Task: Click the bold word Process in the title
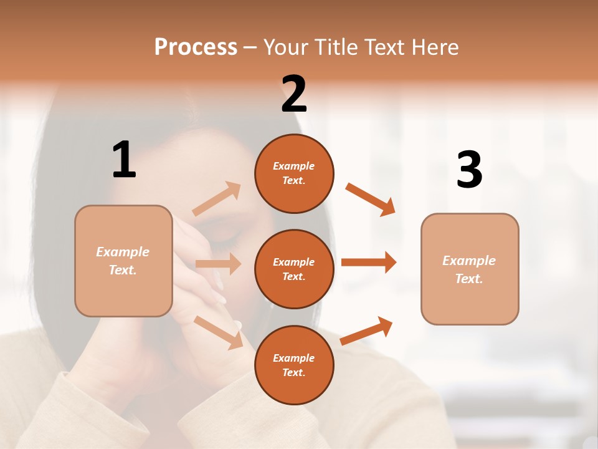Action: pyautogui.click(x=196, y=47)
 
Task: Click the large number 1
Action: pyautogui.click(x=124, y=160)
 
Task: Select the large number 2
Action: pyautogui.click(x=294, y=94)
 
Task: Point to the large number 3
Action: pyautogui.click(x=469, y=170)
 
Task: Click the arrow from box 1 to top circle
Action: pyautogui.click(x=217, y=199)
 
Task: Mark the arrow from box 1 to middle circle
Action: pyautogui.click(x=218, y=264)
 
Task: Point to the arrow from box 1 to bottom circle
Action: pyautogui.click(x=218, y=332)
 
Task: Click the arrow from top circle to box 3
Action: pyautogui.click(x=370, y=200)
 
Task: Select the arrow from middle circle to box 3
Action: pyautogui.click(x=369, y=262)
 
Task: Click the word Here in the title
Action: pyautogui.click(x=435, y=47)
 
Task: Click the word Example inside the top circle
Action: pyautogui.click(x=294, y=166)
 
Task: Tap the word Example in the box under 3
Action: pyautogui.click(x=469, y=261)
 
